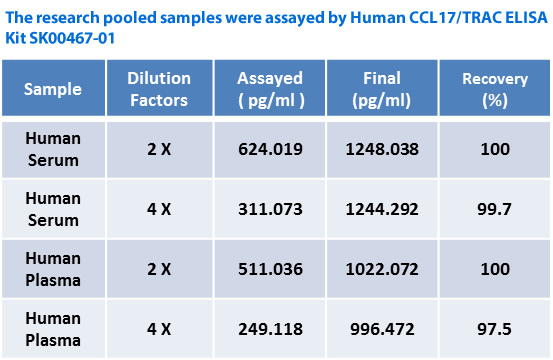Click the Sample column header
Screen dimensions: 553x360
click(x=53, y=89)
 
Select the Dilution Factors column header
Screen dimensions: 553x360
click(x=159, y=89)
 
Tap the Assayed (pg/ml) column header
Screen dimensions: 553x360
click(x=270, y=89)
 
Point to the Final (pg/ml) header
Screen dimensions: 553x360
click(x=382, y=89)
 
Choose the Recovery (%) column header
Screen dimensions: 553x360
click(x=495, y=89)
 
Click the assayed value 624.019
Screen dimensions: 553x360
click(x=270, y=149)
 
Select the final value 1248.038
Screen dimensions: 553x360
click(x=382, y=149)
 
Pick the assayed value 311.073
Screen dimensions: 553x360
click(x=270, y=209)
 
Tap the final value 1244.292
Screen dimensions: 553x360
click(x=382, y=209)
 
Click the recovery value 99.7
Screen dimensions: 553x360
click(x=494, y=209)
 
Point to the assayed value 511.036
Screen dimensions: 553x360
click(x=270, y=269)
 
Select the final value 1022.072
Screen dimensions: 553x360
click(x=382, y=269)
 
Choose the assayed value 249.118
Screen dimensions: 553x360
click(x=270, y=329)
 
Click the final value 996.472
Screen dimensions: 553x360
click(x=382, y=329)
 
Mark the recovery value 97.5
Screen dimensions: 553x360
click(x=494, y=329)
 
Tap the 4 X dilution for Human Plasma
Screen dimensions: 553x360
click(x=159, y=329)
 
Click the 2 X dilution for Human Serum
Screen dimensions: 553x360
click(x=159, y=149)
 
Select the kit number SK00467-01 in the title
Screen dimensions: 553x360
click(x=72, y=38)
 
